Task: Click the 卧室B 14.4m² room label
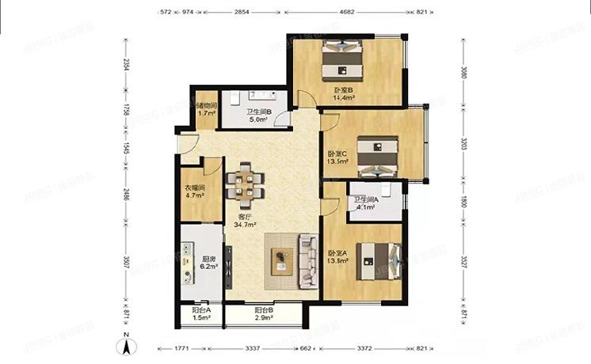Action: click(343, 95)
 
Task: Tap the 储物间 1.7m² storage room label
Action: click(206, 110)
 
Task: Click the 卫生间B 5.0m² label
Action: click(259, 116)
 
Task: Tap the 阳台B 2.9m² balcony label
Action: click(264, 314)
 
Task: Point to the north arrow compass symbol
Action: click(126, 345)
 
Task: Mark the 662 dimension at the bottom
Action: click(305, 347)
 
